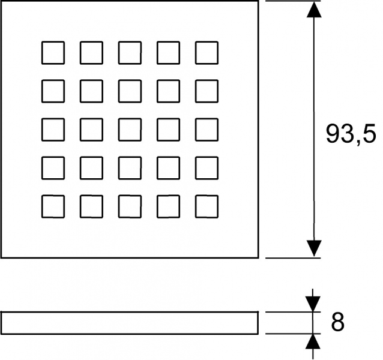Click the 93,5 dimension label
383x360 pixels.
[x=351, y=134]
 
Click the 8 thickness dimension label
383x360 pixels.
[x=337, y=322]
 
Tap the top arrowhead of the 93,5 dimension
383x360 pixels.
[x=314, y=10]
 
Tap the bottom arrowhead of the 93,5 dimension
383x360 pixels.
[x=314, y=248]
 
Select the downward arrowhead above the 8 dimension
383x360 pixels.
[x=313, y=304]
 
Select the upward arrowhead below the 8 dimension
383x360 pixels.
[x=313, y=341]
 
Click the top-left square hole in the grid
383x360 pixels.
[x=53, y=53]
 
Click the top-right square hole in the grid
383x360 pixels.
[x=207, y=53]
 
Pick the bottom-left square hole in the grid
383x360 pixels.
[x=53, y=206]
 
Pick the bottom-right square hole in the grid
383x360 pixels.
[x=207, y=206]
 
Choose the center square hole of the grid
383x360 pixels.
[x=130, y=130]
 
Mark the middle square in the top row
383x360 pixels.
[x=130, y=53]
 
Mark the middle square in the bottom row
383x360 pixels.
[x=130, y=206]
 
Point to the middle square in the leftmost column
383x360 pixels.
[x=53, y=130]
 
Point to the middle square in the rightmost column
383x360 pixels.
[x=207, y=130]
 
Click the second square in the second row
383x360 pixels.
[x=91, y=91]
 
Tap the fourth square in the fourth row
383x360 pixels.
[x=168, y=168]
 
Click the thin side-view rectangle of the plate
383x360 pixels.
[x=130, y=312]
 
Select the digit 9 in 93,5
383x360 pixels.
[x=333, y=133]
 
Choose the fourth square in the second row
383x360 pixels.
[x=168, y=91]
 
